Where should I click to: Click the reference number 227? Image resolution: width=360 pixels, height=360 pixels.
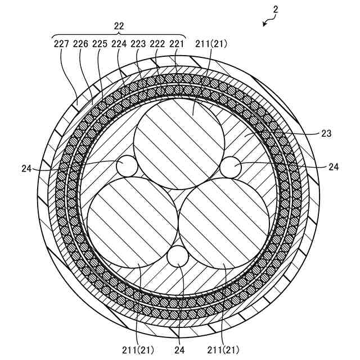61,44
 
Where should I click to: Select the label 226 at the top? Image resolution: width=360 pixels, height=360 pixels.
81,44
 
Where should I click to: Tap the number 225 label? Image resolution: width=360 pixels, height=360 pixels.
100,44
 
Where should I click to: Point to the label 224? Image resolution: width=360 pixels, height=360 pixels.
119,44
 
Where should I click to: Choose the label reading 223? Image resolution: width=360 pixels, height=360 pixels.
138,44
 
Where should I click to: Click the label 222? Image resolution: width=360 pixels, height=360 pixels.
158,44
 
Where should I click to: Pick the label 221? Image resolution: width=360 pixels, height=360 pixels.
177,44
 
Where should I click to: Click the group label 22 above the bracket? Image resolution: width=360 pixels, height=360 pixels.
119,26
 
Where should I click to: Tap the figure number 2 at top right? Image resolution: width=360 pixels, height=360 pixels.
275,10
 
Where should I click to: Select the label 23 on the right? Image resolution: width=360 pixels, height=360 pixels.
327,134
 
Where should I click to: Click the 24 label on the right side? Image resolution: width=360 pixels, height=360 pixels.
334,166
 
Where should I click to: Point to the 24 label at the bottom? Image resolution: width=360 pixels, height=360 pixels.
179,349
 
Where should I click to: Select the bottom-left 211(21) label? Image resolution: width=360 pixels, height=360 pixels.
137,349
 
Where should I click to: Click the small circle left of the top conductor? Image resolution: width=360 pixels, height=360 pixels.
127,166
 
